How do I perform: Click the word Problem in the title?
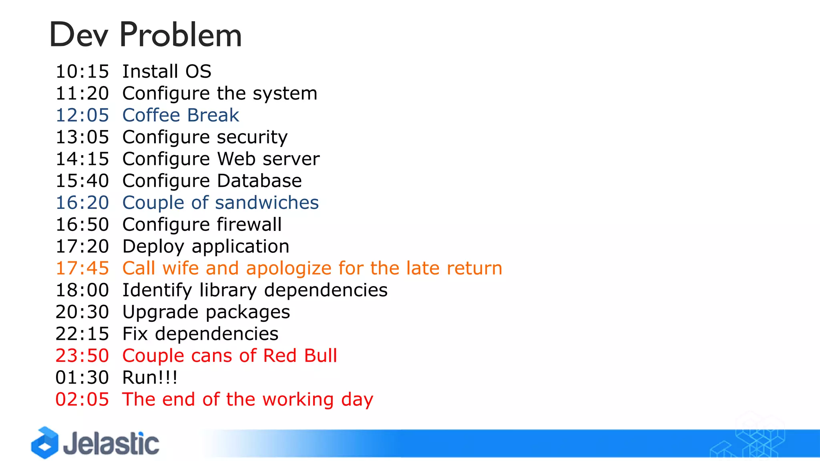(181, 35)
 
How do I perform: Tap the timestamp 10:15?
(82, 72)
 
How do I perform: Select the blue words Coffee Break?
(181, 115)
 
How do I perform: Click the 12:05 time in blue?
(82, 115)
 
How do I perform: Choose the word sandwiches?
(267, 202)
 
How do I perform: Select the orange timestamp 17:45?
(82, 268)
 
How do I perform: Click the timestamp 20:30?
(82, 312)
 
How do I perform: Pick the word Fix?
(135, 334)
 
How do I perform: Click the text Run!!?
(150, 377)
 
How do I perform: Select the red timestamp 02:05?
(82, 399)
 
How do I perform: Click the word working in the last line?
(298, 399)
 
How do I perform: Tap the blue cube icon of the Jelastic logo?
(45, 443)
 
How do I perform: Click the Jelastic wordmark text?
(111, 443)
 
